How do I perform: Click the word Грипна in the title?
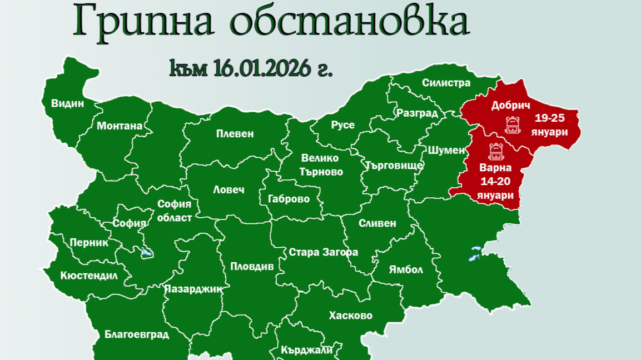[145, 22]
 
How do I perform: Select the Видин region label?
[67, 103]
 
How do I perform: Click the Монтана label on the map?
[120, 126]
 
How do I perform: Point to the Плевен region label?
[235, 134]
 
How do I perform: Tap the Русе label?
[342, 125]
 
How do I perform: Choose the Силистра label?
[446, 83]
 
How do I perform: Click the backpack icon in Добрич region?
[512, 126]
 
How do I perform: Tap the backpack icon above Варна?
[495, 152]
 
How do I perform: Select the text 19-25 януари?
[549, 125]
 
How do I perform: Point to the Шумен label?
[446, 150]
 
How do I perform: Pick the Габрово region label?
[289, 199]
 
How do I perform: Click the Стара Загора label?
[324, 252]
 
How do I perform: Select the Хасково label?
[350, 316]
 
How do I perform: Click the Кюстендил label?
[89, 276]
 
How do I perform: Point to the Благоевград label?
[137, 334]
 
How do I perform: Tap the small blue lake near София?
[147, 254]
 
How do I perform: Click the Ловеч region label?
[228, 189]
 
